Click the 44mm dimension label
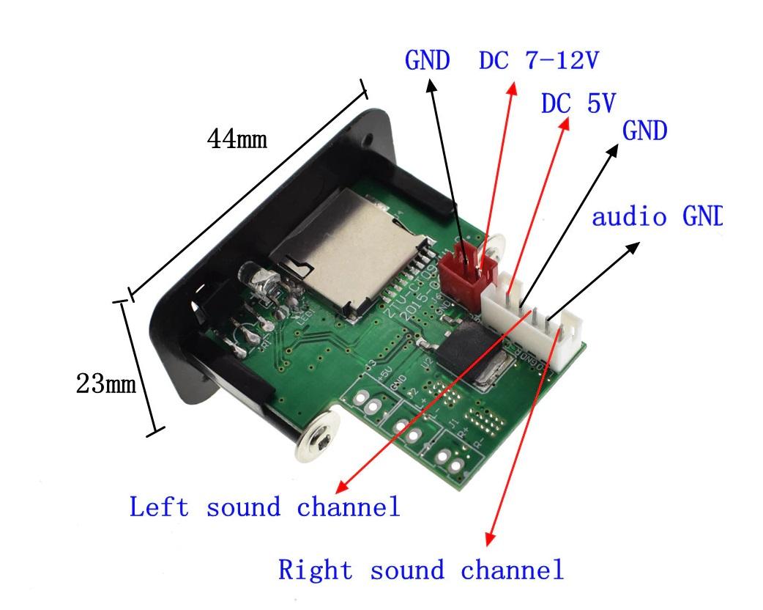(237, 139)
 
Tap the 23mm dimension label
(106, 383)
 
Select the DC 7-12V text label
(539, 61)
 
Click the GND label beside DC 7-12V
(427, 61)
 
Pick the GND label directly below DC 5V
(644, 131)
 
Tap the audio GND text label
(656, 217)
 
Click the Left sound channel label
(264, 507)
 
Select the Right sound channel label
(421, 570)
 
